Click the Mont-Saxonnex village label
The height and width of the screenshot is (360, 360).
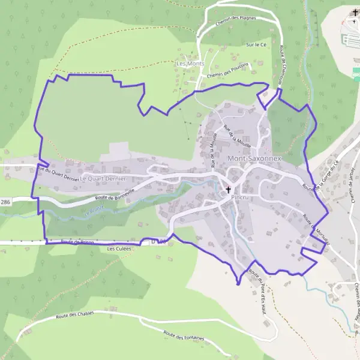click(x=253, y=158)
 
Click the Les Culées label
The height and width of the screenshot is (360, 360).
click(x=118, y=248)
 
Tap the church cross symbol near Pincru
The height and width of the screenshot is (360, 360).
click(x=228, y=190)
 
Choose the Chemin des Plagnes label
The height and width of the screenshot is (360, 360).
click(x=236, y=21)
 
